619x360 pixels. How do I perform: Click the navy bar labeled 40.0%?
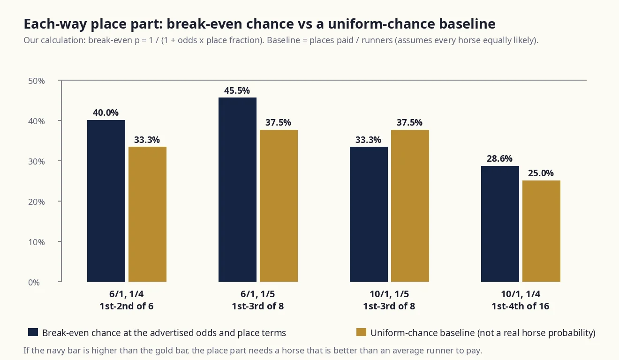click(106, 201)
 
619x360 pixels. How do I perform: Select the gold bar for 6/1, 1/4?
click(148, 214)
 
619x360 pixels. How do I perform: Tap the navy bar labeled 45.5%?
click(237, 189)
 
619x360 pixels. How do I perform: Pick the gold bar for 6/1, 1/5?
click(279, 206)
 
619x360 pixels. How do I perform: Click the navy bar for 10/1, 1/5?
click(369, 214)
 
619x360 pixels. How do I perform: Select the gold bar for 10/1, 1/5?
click(410, 206)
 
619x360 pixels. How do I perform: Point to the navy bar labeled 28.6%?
click(500, 224)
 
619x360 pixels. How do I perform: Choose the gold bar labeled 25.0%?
click(541, 231)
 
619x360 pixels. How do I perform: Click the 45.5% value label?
click(237, 90)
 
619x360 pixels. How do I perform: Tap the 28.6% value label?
click(499, 158)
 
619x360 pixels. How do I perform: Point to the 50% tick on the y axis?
click(60, 81)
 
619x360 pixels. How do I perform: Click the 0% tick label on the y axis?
click(34, 282)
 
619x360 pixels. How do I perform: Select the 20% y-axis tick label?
click(37, 202)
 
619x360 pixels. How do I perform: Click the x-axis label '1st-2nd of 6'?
click(127, 306)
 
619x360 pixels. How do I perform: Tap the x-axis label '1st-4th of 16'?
click(521, 306)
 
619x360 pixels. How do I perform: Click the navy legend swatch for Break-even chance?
click(33, 332)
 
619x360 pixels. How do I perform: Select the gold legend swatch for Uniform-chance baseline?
click(361, 332)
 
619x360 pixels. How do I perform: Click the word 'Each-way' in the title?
click(55, 24)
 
